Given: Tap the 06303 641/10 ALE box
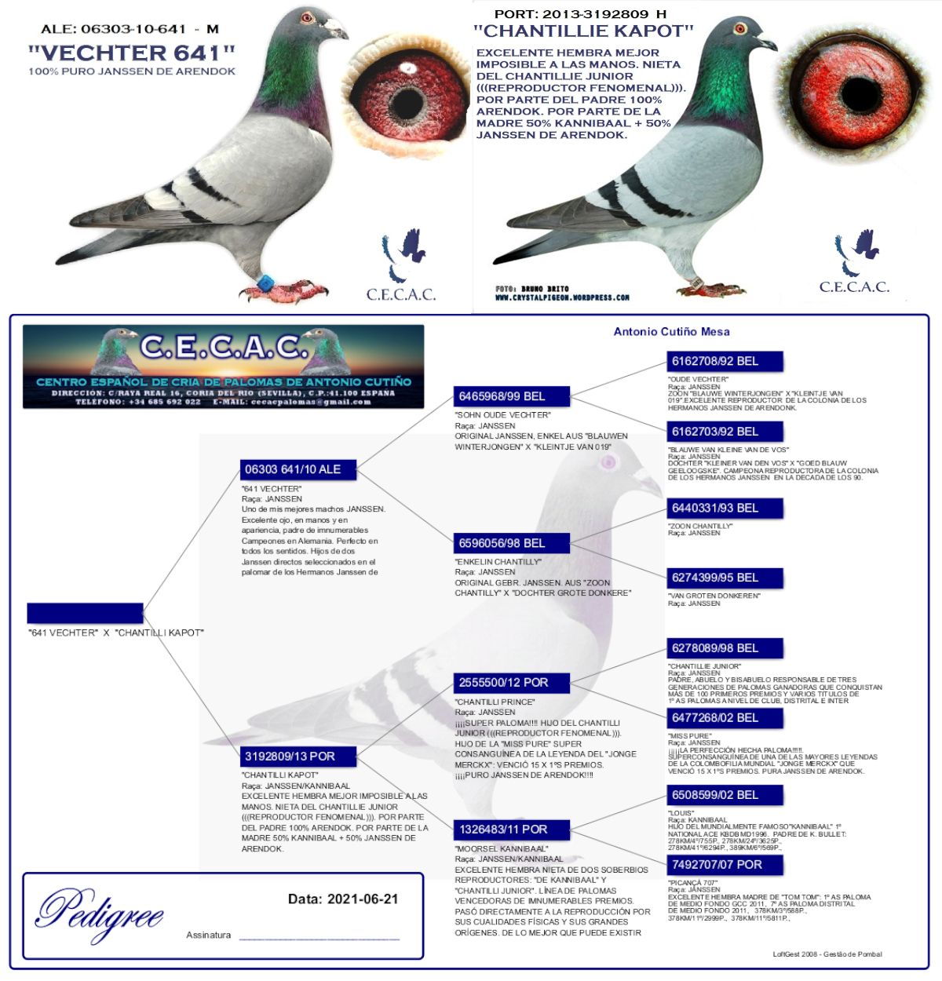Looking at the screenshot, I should (298, 470).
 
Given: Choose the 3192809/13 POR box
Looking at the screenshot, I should (298, 757).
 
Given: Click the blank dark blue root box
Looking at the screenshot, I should (85, 613).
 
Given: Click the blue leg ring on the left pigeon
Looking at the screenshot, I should (266, 283).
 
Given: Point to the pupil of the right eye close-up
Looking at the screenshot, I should (861, 94).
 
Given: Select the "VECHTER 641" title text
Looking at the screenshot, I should (132, 53).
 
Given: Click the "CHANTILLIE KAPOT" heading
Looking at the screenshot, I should (583, 31).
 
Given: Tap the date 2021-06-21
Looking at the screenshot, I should (362, 899).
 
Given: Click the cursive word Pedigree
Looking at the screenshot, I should (100, 913).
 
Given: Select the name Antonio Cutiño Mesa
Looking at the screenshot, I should (671, 332).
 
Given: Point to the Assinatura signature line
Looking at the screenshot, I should (319, 937).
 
